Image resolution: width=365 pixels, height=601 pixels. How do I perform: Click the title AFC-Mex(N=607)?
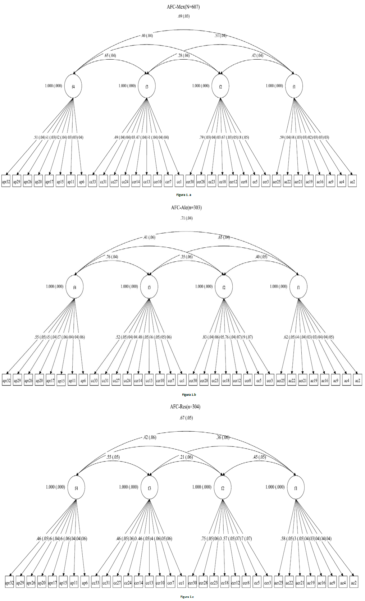pyautogui.click(x=183, y=7)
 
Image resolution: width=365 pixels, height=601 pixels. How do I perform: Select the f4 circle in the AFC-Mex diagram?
pyautogui.click(x=73, y=86)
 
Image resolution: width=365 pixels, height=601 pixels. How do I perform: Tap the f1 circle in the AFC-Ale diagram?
pyautogui.click(x=298, y=287)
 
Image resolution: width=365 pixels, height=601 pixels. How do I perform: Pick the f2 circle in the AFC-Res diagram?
pyautogui.click(x=223, y=488)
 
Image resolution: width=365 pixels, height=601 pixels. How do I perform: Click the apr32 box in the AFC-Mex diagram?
pyautogui.click(x=6, y=182)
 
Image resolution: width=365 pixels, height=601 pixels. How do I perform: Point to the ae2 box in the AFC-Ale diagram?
pyautogui.click(x=357, y=381)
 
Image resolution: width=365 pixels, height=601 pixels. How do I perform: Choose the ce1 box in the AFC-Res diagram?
pyautogui.click(x=182, y=583)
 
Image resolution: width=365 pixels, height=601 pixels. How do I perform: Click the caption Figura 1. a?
pyautogui.click(x=184, y=194)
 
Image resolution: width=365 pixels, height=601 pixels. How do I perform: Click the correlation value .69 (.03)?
pyautogui.click(x=183, y=16)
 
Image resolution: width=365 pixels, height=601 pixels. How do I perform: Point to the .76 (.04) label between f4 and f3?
pyautogui.click(x=112, y=257)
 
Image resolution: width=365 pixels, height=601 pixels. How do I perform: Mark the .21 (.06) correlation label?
pyautogui.click(x=186, y=457)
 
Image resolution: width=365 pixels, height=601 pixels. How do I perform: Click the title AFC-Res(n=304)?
pyautogui.click(x=185, y=407)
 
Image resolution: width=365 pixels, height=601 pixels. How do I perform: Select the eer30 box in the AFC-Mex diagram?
pyautogui.click(x=190, y=182)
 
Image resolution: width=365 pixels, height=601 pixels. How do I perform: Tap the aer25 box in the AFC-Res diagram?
pyautogui.click(x=278, y=583)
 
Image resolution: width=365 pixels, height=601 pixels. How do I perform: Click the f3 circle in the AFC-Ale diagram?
pyautogui.click(x=149, y=287)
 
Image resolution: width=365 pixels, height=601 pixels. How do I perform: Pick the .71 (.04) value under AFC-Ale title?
pyautogui.click(x=186, y=218)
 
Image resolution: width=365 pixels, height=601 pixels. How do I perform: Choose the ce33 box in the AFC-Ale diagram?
pyautogui.click(x=94, y=381)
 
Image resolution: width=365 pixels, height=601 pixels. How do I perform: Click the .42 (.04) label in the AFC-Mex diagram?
pyautogui.click(x=257, y=55)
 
